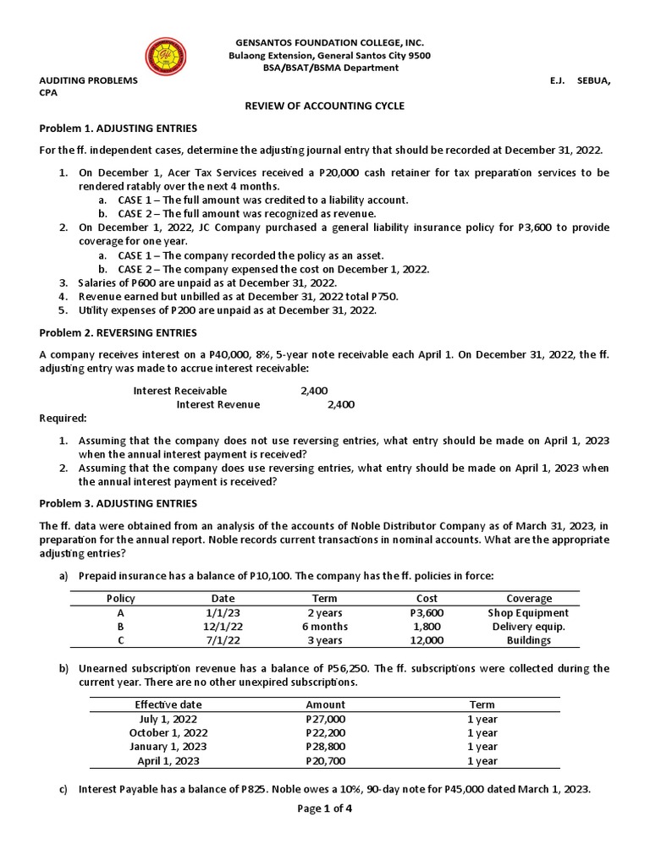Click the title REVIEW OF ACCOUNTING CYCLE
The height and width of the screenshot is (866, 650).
coord(325,106)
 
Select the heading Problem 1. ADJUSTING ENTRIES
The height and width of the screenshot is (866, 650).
coord(118,129)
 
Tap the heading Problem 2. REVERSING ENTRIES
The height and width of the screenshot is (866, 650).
coord(118,333)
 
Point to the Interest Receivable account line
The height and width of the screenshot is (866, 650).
coord(180,391)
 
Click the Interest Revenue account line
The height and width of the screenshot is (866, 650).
coord(218,404)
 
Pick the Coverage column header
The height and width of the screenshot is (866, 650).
coord(528,598)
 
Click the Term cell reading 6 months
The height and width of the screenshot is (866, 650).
coord(325,627)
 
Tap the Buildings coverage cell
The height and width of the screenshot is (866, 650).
coord(528,641)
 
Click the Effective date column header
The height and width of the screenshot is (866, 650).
coord(168,704)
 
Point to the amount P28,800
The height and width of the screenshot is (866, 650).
coord(325,747)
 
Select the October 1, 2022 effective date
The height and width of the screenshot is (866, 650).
coord(168,732)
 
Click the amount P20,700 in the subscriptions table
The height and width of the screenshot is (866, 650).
coord(325,761)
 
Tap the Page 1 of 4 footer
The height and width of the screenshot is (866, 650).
coord(325,808)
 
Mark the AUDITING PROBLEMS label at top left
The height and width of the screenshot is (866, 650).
coord(88,79)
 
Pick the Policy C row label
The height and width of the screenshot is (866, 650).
coord(121,641)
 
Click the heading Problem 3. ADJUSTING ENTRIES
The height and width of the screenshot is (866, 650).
coord(118,502)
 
